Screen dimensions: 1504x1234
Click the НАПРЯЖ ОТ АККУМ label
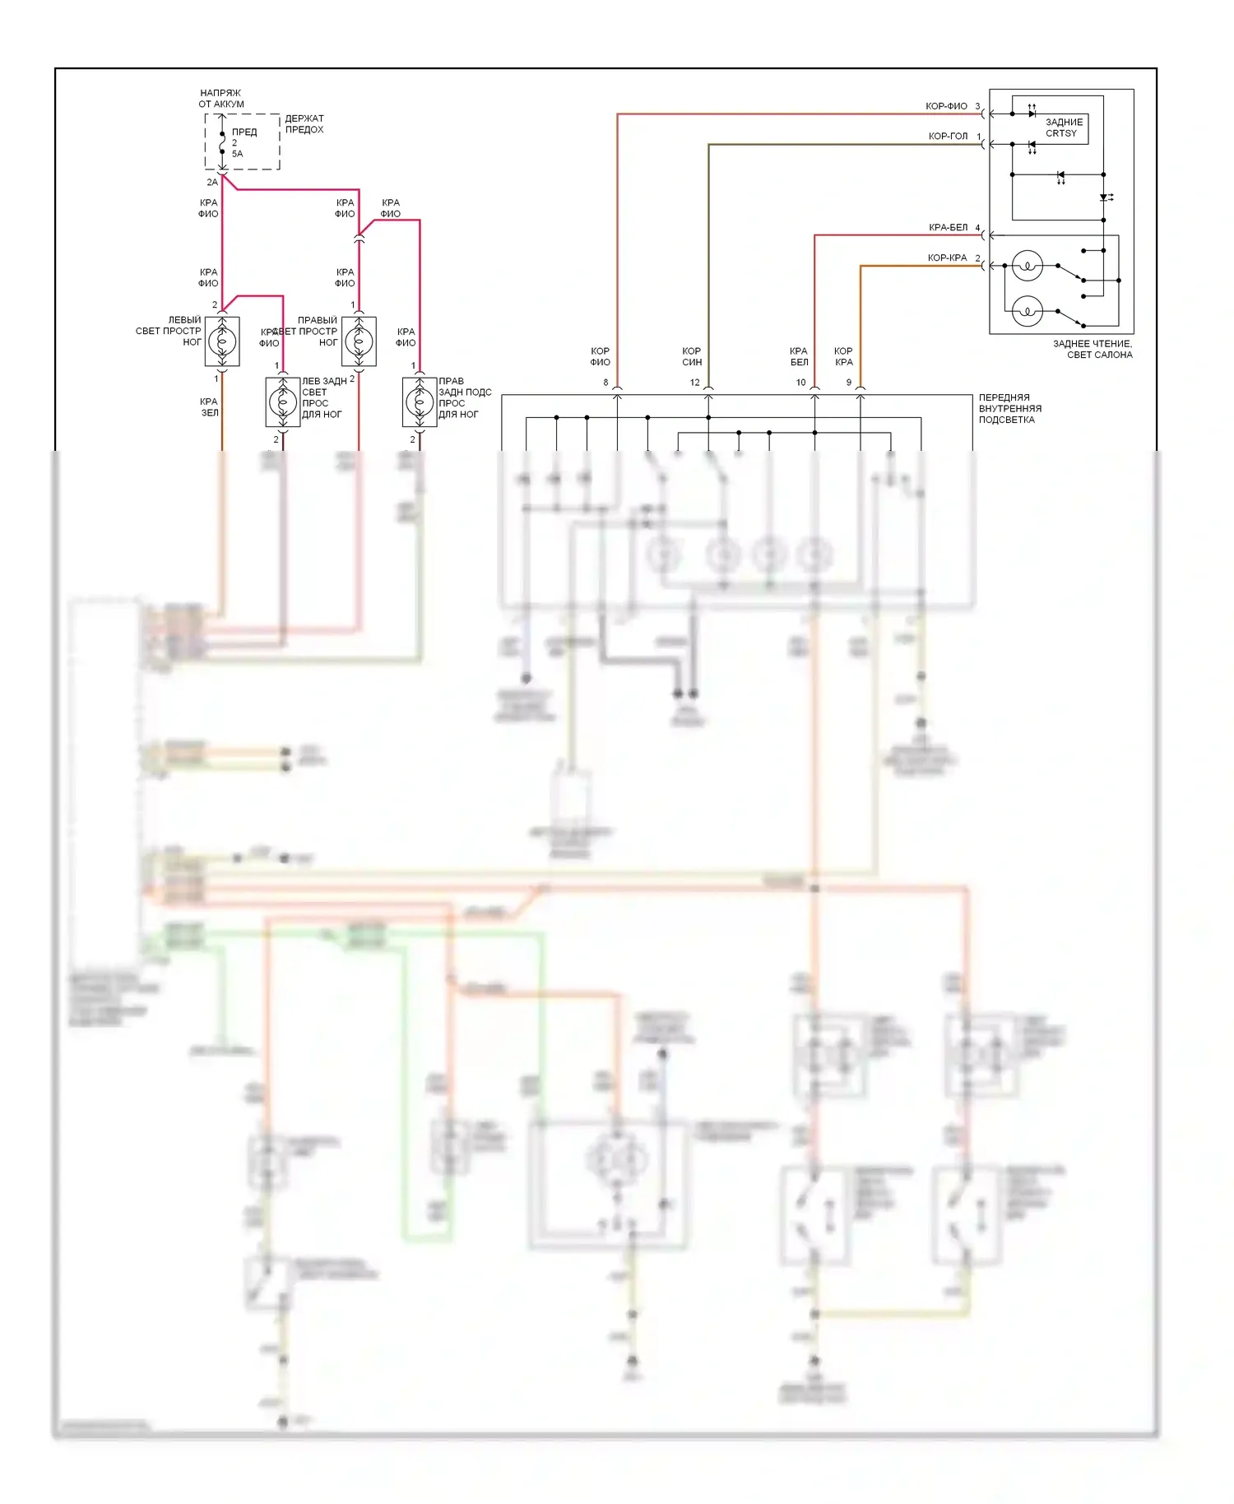click(220, 99)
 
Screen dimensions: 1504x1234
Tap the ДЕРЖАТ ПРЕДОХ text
click(304, 124)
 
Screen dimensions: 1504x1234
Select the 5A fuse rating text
click(237, 154)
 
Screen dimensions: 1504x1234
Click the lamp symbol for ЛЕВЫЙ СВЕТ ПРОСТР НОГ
click(222, 341)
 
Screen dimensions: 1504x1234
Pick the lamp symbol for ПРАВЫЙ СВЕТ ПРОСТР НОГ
click(359, 341)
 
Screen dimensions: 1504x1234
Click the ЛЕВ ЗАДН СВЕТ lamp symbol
click(283, 402)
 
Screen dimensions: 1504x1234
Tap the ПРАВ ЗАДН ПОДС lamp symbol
click(420, 402)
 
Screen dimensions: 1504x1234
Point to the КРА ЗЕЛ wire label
click(209, 407)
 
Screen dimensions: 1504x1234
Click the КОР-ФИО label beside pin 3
click(946, 106)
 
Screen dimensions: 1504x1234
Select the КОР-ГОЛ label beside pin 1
click(948, 137)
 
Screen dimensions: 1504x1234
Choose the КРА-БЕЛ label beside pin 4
click(948, 228)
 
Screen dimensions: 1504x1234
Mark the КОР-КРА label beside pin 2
click(947, 258)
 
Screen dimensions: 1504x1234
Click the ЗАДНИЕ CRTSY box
click(1063, 128)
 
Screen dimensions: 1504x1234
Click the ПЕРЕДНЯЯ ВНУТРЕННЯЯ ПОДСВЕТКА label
click(1009, 409)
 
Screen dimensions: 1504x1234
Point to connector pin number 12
click(694, 383)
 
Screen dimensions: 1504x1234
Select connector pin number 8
click(605, 383)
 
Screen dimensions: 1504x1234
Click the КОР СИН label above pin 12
click(692, 356)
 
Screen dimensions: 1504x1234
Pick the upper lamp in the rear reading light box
click(1027, 265)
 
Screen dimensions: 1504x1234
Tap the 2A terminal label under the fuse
click(212, 182)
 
